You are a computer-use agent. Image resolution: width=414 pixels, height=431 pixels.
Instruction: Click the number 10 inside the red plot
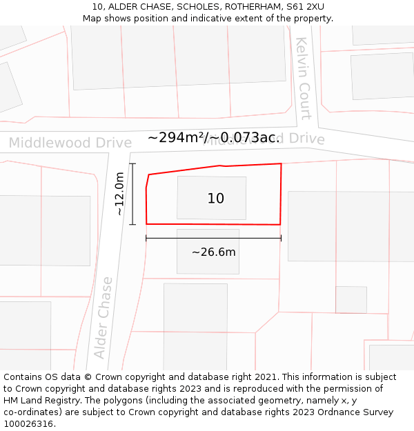(215, 199)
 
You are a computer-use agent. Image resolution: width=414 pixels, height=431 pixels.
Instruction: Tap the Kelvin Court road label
(303, 78)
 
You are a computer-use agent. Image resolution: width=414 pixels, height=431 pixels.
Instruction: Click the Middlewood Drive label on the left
(70, 143)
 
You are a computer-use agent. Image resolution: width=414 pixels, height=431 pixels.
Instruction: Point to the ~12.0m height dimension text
(119, 194)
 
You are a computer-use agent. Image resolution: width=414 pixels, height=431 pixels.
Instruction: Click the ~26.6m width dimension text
(213, 252)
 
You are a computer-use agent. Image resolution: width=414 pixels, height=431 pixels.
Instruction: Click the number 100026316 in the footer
(29, 424)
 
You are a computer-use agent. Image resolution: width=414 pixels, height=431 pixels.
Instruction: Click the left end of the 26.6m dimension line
(146, 239)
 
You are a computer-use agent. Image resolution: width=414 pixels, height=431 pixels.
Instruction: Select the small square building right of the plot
(351, 299)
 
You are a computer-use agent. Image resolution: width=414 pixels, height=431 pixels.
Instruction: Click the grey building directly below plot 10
(208, 251)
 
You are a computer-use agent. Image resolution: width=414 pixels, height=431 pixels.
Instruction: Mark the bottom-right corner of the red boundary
(280, 224)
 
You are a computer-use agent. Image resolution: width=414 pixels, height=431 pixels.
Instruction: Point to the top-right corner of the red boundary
(281, 163)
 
